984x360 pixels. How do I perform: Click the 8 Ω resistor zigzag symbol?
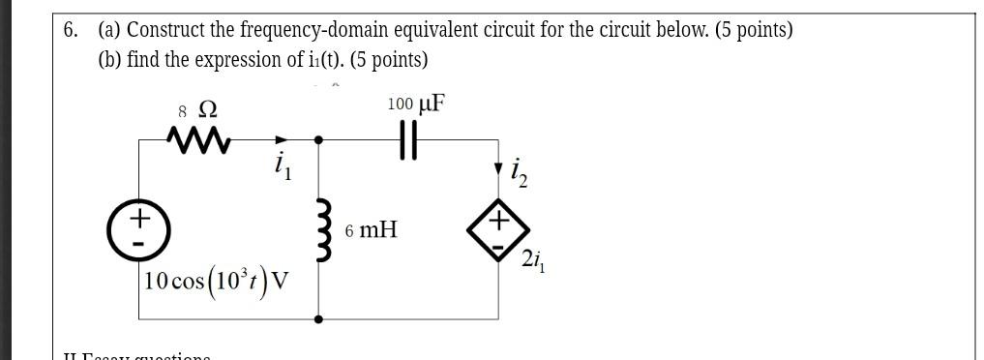200,141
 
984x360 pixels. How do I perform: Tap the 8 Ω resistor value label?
190,108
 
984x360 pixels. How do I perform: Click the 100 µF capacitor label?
416,104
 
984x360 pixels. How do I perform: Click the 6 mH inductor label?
371,231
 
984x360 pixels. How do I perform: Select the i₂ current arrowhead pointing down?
499,171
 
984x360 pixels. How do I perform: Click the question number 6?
71,30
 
